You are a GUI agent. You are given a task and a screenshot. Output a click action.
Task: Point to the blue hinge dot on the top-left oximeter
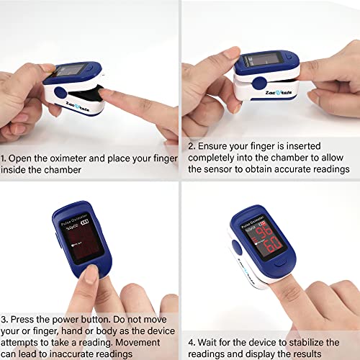coord(60,93)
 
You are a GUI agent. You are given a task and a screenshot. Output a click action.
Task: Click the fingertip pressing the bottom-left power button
coord(91,273)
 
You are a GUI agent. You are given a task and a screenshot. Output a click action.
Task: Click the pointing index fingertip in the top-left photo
coord(104,94)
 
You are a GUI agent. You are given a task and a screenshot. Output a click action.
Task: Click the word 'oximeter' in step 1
coord(76,157)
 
